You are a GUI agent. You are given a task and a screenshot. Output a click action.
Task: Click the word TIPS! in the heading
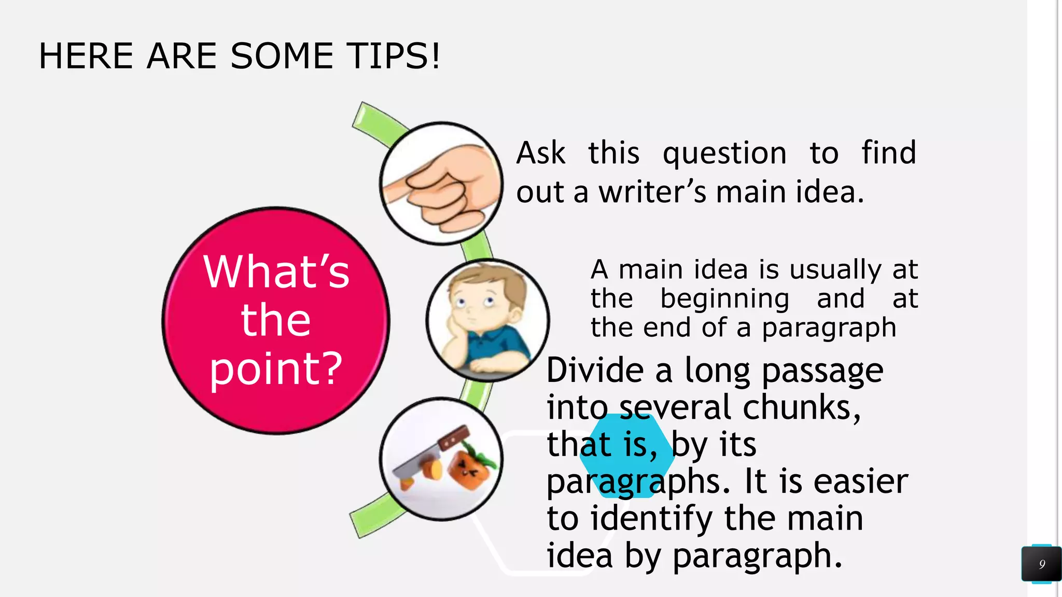(x=394, y=56)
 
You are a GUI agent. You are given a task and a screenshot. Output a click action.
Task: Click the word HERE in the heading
(x=86, y=56)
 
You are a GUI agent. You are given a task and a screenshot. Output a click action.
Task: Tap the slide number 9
(x=1042, y=564)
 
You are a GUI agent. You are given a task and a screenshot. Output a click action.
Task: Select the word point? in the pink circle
(x=276, y=369)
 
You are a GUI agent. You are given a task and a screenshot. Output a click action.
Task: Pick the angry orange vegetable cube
(x=469, y=469)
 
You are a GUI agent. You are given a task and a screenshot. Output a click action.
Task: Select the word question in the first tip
(x=724, y=153)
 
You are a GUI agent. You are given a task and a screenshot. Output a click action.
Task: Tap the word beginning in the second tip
(x=724, y=299)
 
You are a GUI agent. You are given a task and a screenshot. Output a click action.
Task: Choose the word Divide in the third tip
(x=595, y=371)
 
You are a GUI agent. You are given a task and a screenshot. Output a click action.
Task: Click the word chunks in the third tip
(x=801, y=408)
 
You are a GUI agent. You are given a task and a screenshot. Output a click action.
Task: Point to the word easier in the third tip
(x=861, y=481)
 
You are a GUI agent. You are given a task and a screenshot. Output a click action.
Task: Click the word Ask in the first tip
(x=540, y=153)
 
